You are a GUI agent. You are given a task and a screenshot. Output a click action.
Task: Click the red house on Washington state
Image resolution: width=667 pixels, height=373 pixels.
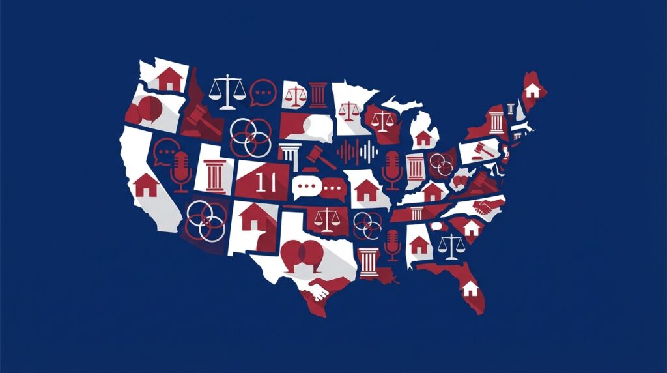[x=169, y=79]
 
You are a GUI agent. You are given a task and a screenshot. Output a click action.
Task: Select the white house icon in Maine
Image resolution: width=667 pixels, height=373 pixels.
[x=532, y=90]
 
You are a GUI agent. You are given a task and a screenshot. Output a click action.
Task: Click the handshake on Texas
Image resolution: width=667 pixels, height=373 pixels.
[x=318, y=289]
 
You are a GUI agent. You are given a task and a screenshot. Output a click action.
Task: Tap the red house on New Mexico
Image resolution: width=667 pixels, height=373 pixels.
[x=251, y=217]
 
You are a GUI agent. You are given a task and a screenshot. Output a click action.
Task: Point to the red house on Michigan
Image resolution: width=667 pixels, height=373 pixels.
[x=423, y=138]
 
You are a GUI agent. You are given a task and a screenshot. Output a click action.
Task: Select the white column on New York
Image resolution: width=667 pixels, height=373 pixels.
[x=497, y=122]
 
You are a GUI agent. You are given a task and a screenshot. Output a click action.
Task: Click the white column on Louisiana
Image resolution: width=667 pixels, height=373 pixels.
[x=368, y=262]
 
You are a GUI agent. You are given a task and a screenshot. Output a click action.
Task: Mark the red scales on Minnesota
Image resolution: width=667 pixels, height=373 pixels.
[x=349, y=108]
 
